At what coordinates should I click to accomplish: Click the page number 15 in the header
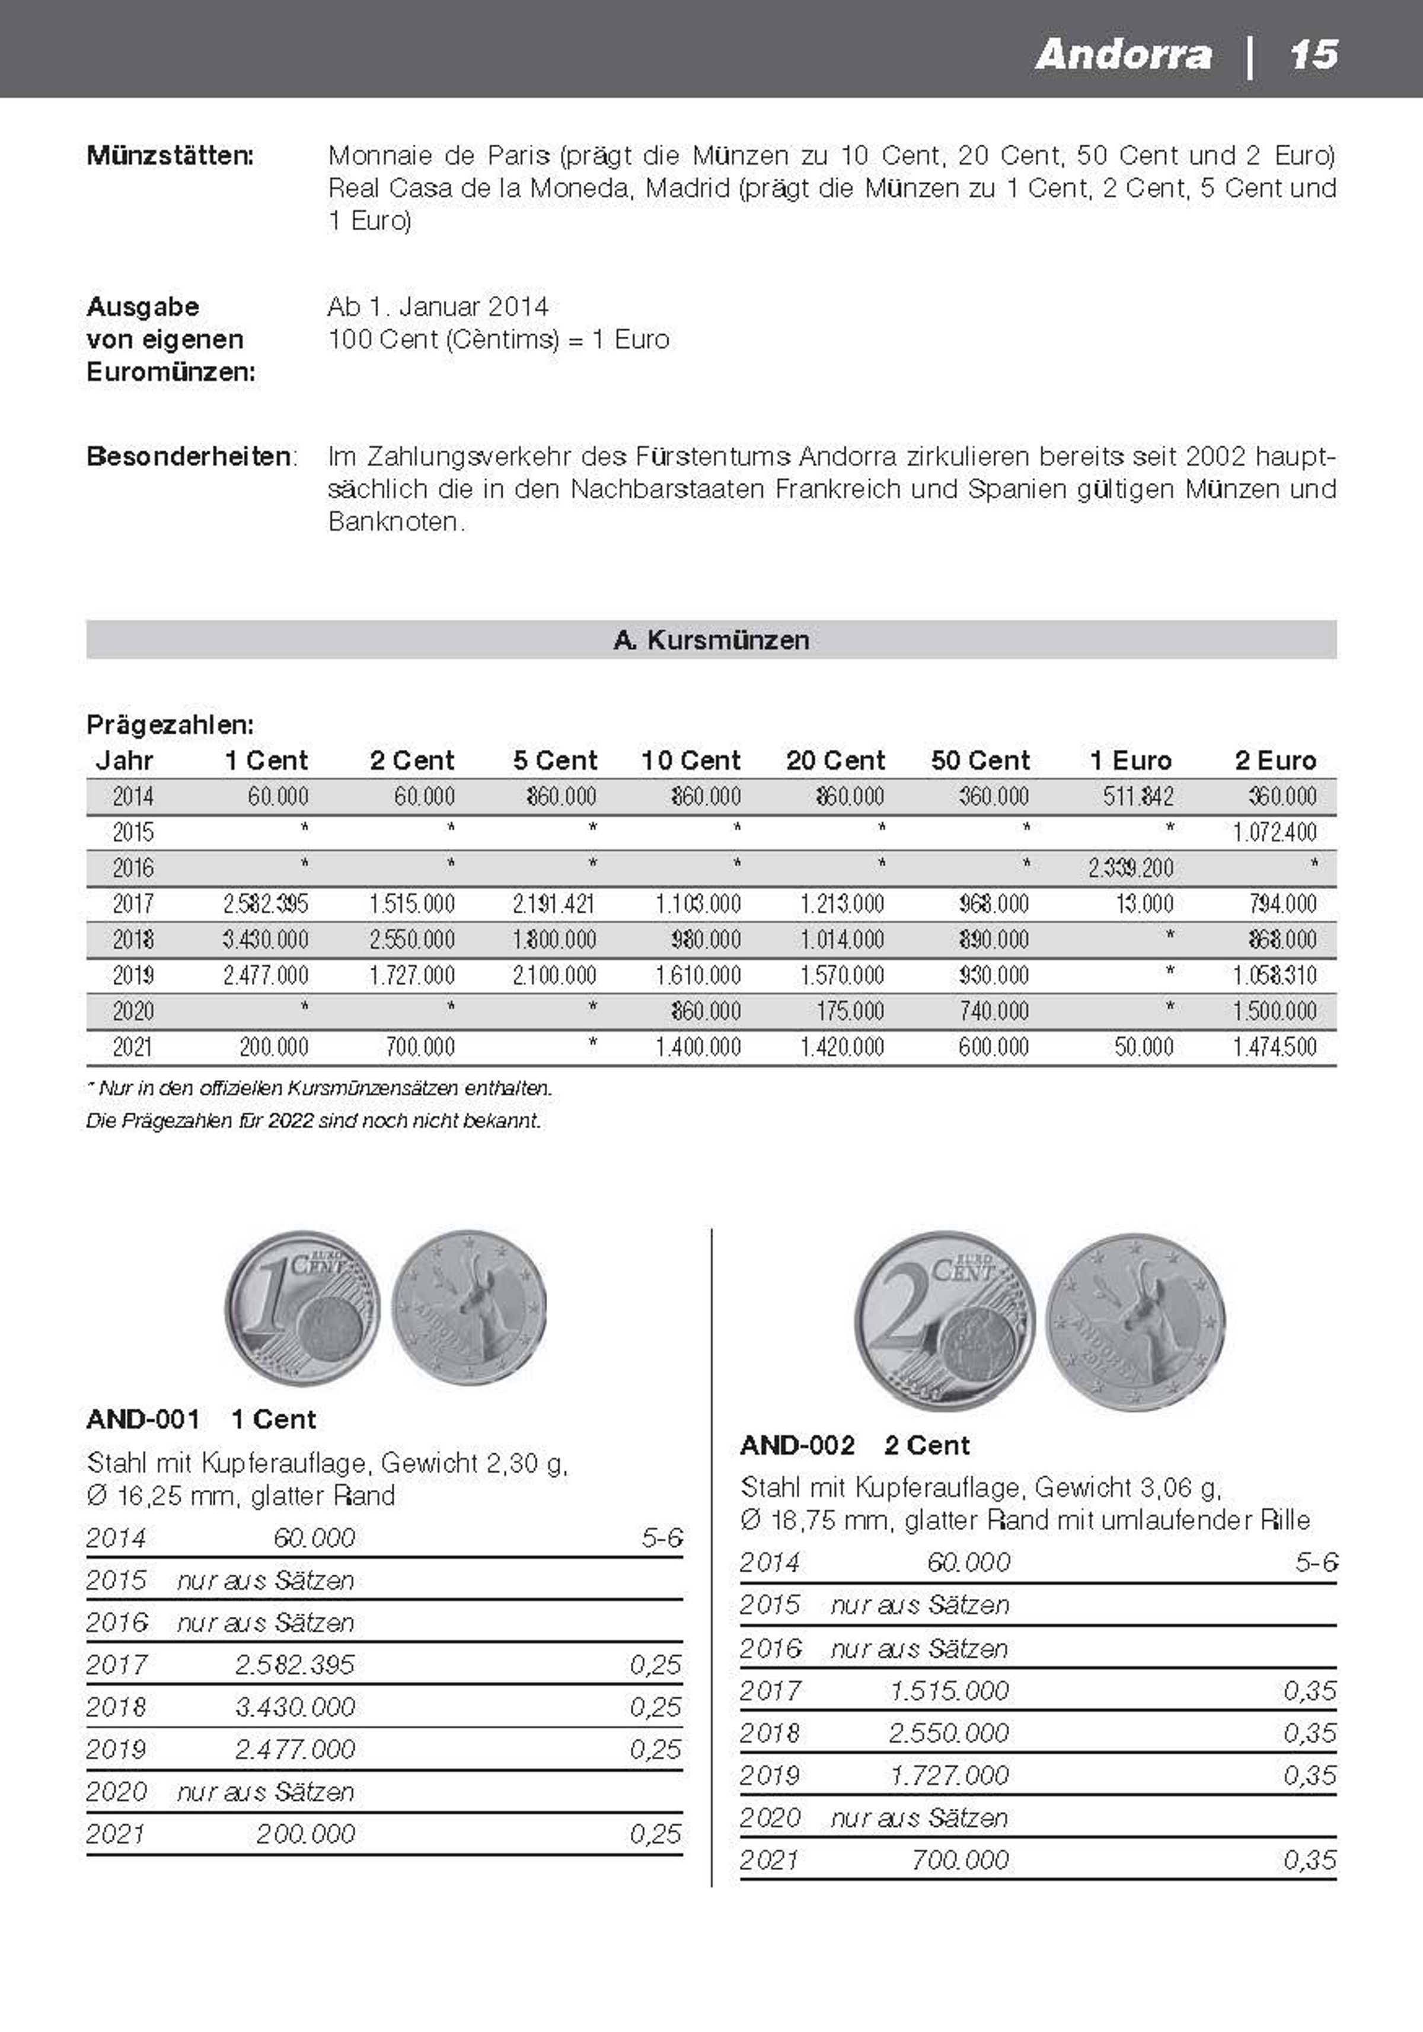1313,55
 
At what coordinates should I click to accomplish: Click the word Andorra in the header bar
1123,55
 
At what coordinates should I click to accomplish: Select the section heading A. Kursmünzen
711,640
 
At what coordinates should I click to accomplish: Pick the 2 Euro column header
1275,760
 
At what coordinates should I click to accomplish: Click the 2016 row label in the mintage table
133,868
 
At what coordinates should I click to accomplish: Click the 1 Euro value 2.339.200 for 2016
1131,868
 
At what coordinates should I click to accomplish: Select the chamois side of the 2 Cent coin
1135,1321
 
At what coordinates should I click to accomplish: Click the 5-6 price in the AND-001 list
662,1538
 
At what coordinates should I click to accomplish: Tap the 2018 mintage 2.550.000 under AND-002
949,1733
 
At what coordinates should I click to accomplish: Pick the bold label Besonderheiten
189,457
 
